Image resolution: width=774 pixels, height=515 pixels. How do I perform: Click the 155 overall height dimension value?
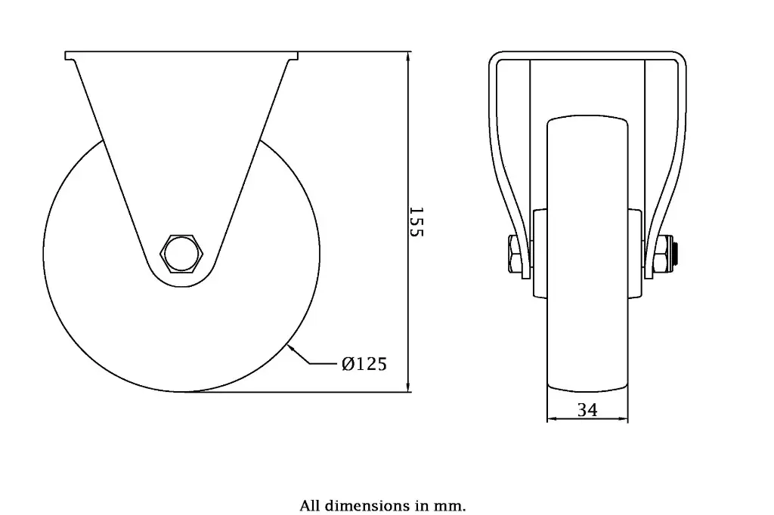(415, 222)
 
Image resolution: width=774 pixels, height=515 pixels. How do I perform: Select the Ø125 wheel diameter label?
(364, 365)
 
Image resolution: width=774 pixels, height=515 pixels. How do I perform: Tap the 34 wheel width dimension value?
(587, 410)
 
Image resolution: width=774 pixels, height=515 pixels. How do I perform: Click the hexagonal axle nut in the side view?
(181, 252)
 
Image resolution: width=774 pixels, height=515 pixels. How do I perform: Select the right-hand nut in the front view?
(663, 254)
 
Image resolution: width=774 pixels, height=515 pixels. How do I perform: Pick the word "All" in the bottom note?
(311, 505)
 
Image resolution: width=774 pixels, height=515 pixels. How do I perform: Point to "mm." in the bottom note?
(450, 505)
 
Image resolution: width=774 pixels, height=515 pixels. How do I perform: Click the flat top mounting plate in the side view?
(181, 56)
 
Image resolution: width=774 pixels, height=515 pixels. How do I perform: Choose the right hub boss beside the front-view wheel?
(636, 253)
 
